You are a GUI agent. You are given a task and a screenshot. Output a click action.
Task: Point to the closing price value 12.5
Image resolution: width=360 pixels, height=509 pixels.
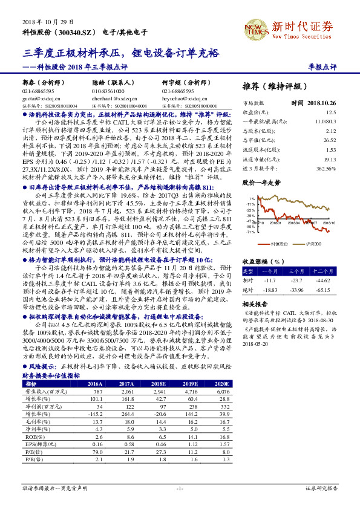click(x=330, y=112)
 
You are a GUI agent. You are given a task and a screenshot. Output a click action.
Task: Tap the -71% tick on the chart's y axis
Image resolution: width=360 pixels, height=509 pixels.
click(x=250, y=231)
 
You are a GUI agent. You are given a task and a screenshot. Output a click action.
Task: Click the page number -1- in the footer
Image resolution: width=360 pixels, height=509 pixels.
click(x=180, y=487)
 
